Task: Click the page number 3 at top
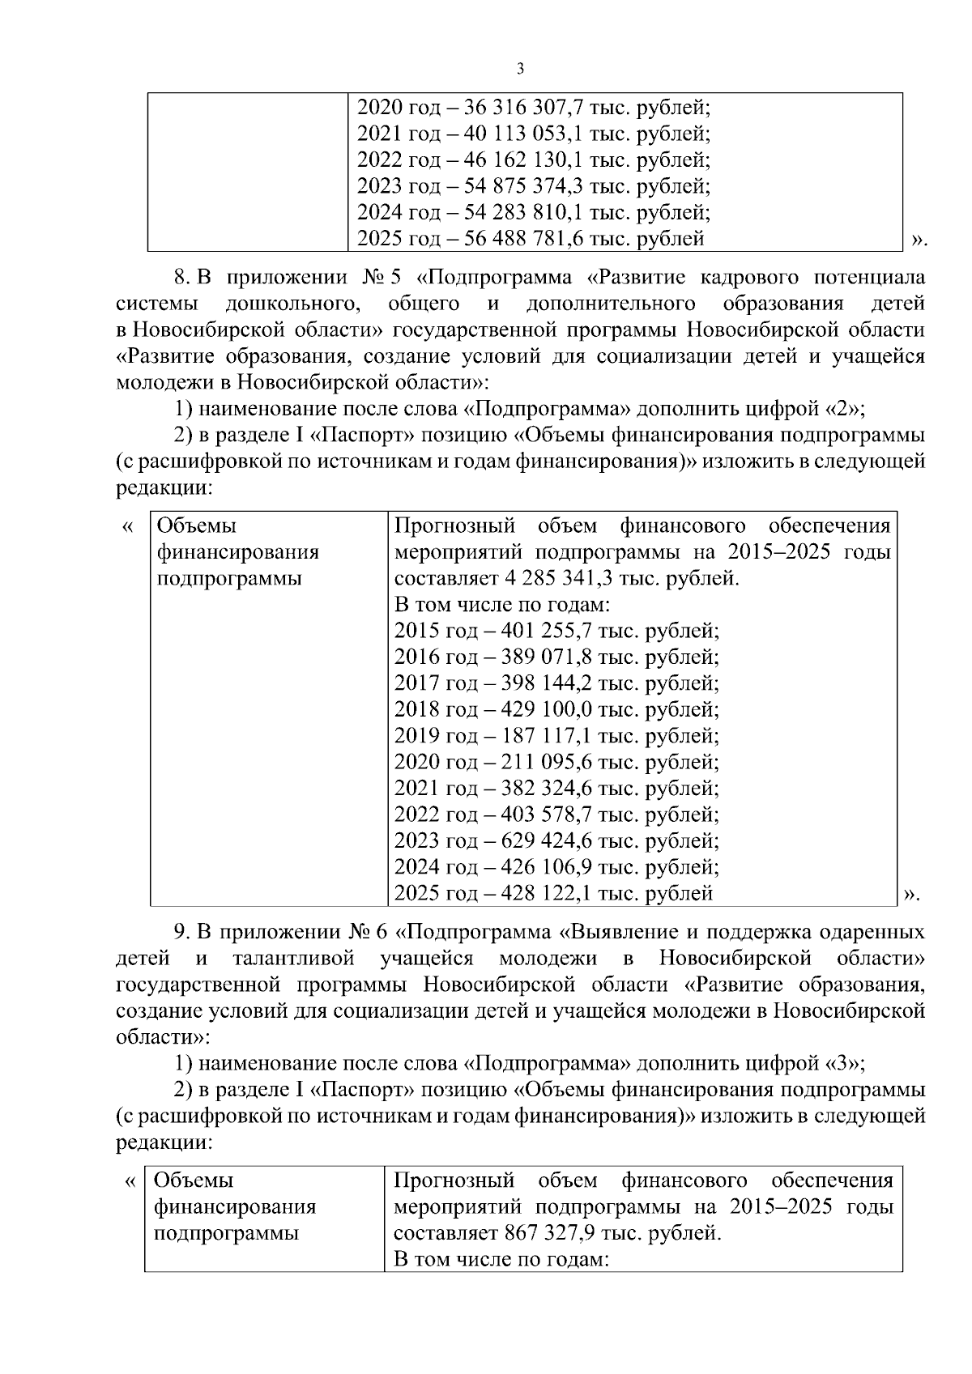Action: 520,69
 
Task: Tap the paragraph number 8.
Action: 181,278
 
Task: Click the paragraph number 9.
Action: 181,933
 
